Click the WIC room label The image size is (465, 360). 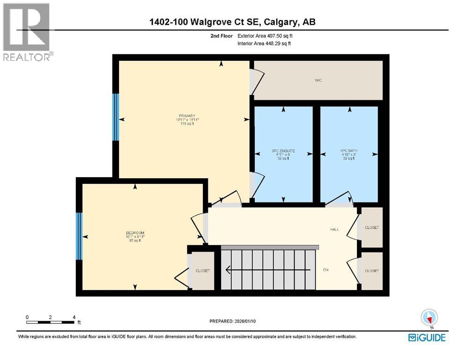318,81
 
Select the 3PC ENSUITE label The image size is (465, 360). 283,151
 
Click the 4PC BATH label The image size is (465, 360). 349,151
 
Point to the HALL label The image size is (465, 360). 333,230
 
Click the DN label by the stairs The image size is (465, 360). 326,270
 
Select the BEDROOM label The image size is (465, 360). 135,233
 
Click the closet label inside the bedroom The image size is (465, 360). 203,271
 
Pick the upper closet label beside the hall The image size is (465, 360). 371,227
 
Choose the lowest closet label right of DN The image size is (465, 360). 371,271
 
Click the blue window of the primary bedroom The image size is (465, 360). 116,117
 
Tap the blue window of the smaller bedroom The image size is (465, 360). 79,236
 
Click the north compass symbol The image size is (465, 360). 429,318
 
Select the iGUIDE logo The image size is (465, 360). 427,337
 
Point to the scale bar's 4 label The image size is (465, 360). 74,317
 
